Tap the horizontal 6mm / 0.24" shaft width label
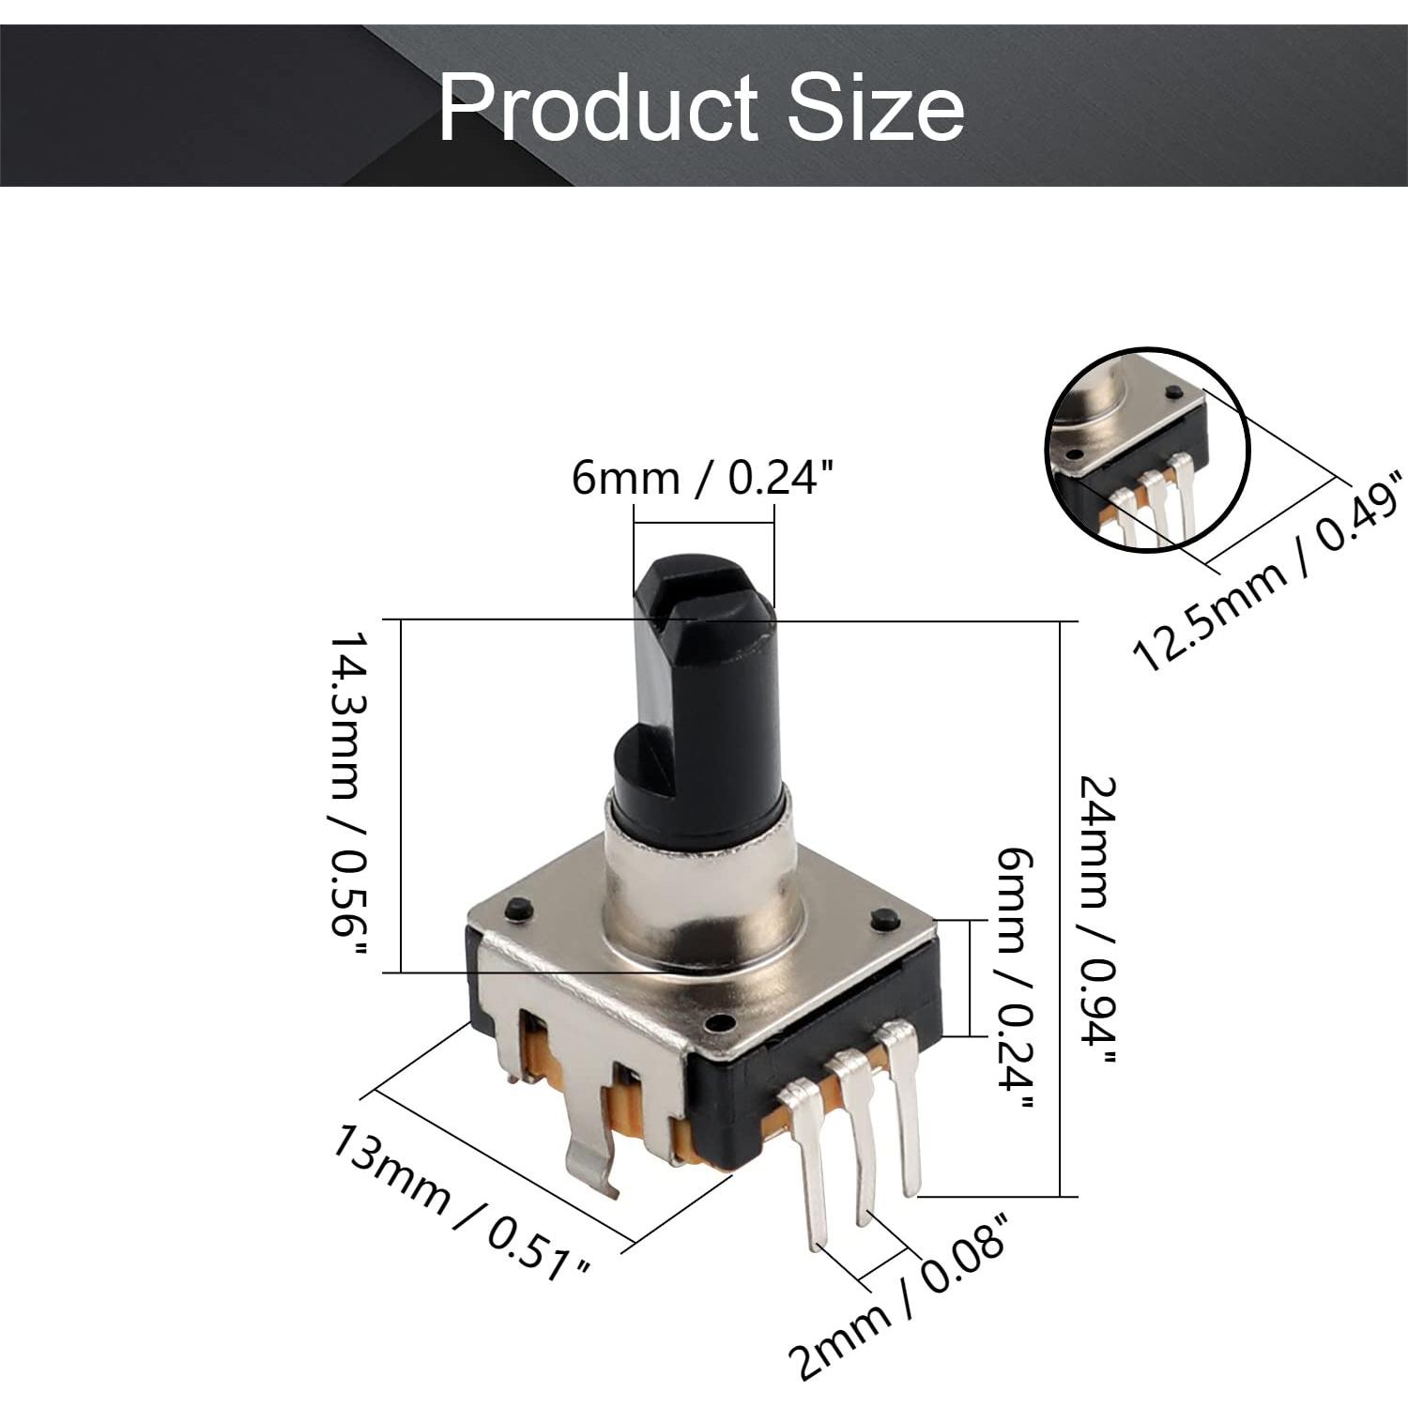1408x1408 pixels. (703, 479)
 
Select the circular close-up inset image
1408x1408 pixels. (1148, 451)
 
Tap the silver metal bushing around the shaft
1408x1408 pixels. (702, 901)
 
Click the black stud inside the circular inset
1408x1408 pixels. (1171, 391)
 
